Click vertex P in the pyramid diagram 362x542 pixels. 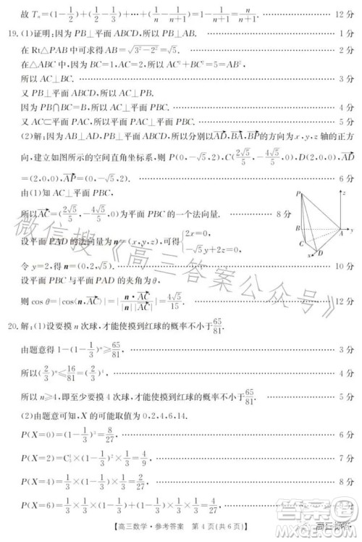pos(298,195)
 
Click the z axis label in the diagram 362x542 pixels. pos(308,191)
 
